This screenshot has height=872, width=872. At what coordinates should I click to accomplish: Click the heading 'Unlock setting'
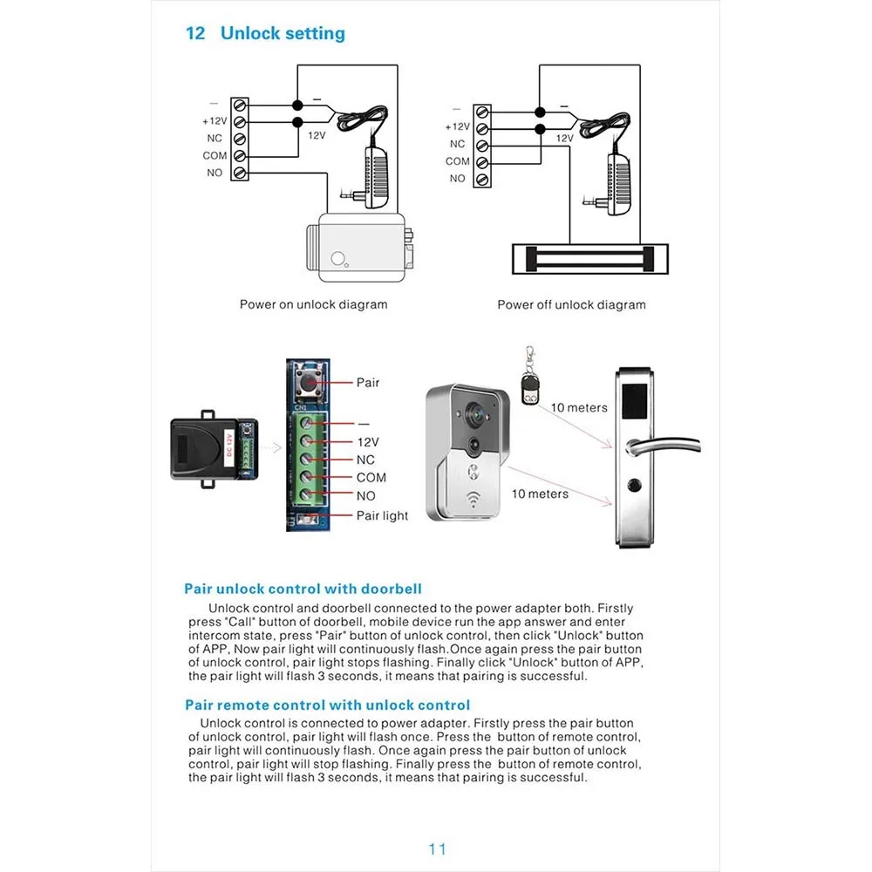coord(283,33)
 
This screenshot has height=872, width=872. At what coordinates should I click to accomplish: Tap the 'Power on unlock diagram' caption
coord(313,304)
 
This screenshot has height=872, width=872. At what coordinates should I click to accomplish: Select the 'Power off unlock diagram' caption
coord(571,304)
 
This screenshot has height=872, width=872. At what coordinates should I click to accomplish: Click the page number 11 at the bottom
coord(437,848)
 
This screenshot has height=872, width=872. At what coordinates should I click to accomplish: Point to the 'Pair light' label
coord(382,515)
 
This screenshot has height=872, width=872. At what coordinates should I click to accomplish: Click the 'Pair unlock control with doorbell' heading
coord(303,589)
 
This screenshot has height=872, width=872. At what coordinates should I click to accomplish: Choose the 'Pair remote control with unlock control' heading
coord(327,705)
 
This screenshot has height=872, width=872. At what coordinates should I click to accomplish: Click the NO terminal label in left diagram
coord(215,173)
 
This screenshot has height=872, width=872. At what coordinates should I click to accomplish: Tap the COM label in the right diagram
coord(457,161)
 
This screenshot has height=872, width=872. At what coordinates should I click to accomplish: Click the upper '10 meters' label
coord(579,407)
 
